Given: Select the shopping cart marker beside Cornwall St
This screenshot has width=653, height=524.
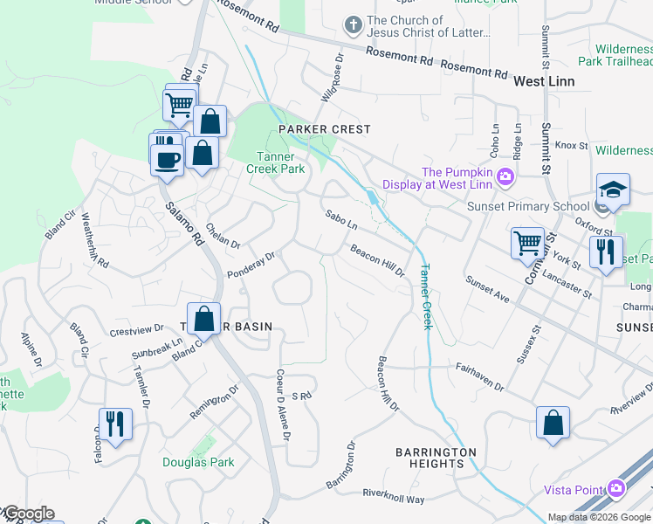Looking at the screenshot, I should [527, 243].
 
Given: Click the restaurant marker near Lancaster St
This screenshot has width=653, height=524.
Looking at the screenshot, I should [606, 252].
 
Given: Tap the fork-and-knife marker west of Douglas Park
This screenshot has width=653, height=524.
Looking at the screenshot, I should [115, 424].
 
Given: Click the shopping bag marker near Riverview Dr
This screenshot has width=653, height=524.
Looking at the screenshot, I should [553, 424].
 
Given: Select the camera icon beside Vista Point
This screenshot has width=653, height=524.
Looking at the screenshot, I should [618, 488].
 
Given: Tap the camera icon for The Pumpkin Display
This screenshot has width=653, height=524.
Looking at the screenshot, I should [505, 178].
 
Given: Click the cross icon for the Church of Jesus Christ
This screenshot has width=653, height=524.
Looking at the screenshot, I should [354, 26].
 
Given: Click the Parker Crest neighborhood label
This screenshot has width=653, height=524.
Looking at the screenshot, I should [325, 129].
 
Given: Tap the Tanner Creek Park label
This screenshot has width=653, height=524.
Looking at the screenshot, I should [280, 162].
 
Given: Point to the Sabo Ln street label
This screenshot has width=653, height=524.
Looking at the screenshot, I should [341, 218].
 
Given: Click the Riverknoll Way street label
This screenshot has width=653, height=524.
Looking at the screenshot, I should [394, 497].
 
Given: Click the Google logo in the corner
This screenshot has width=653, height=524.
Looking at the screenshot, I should [28, 514].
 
